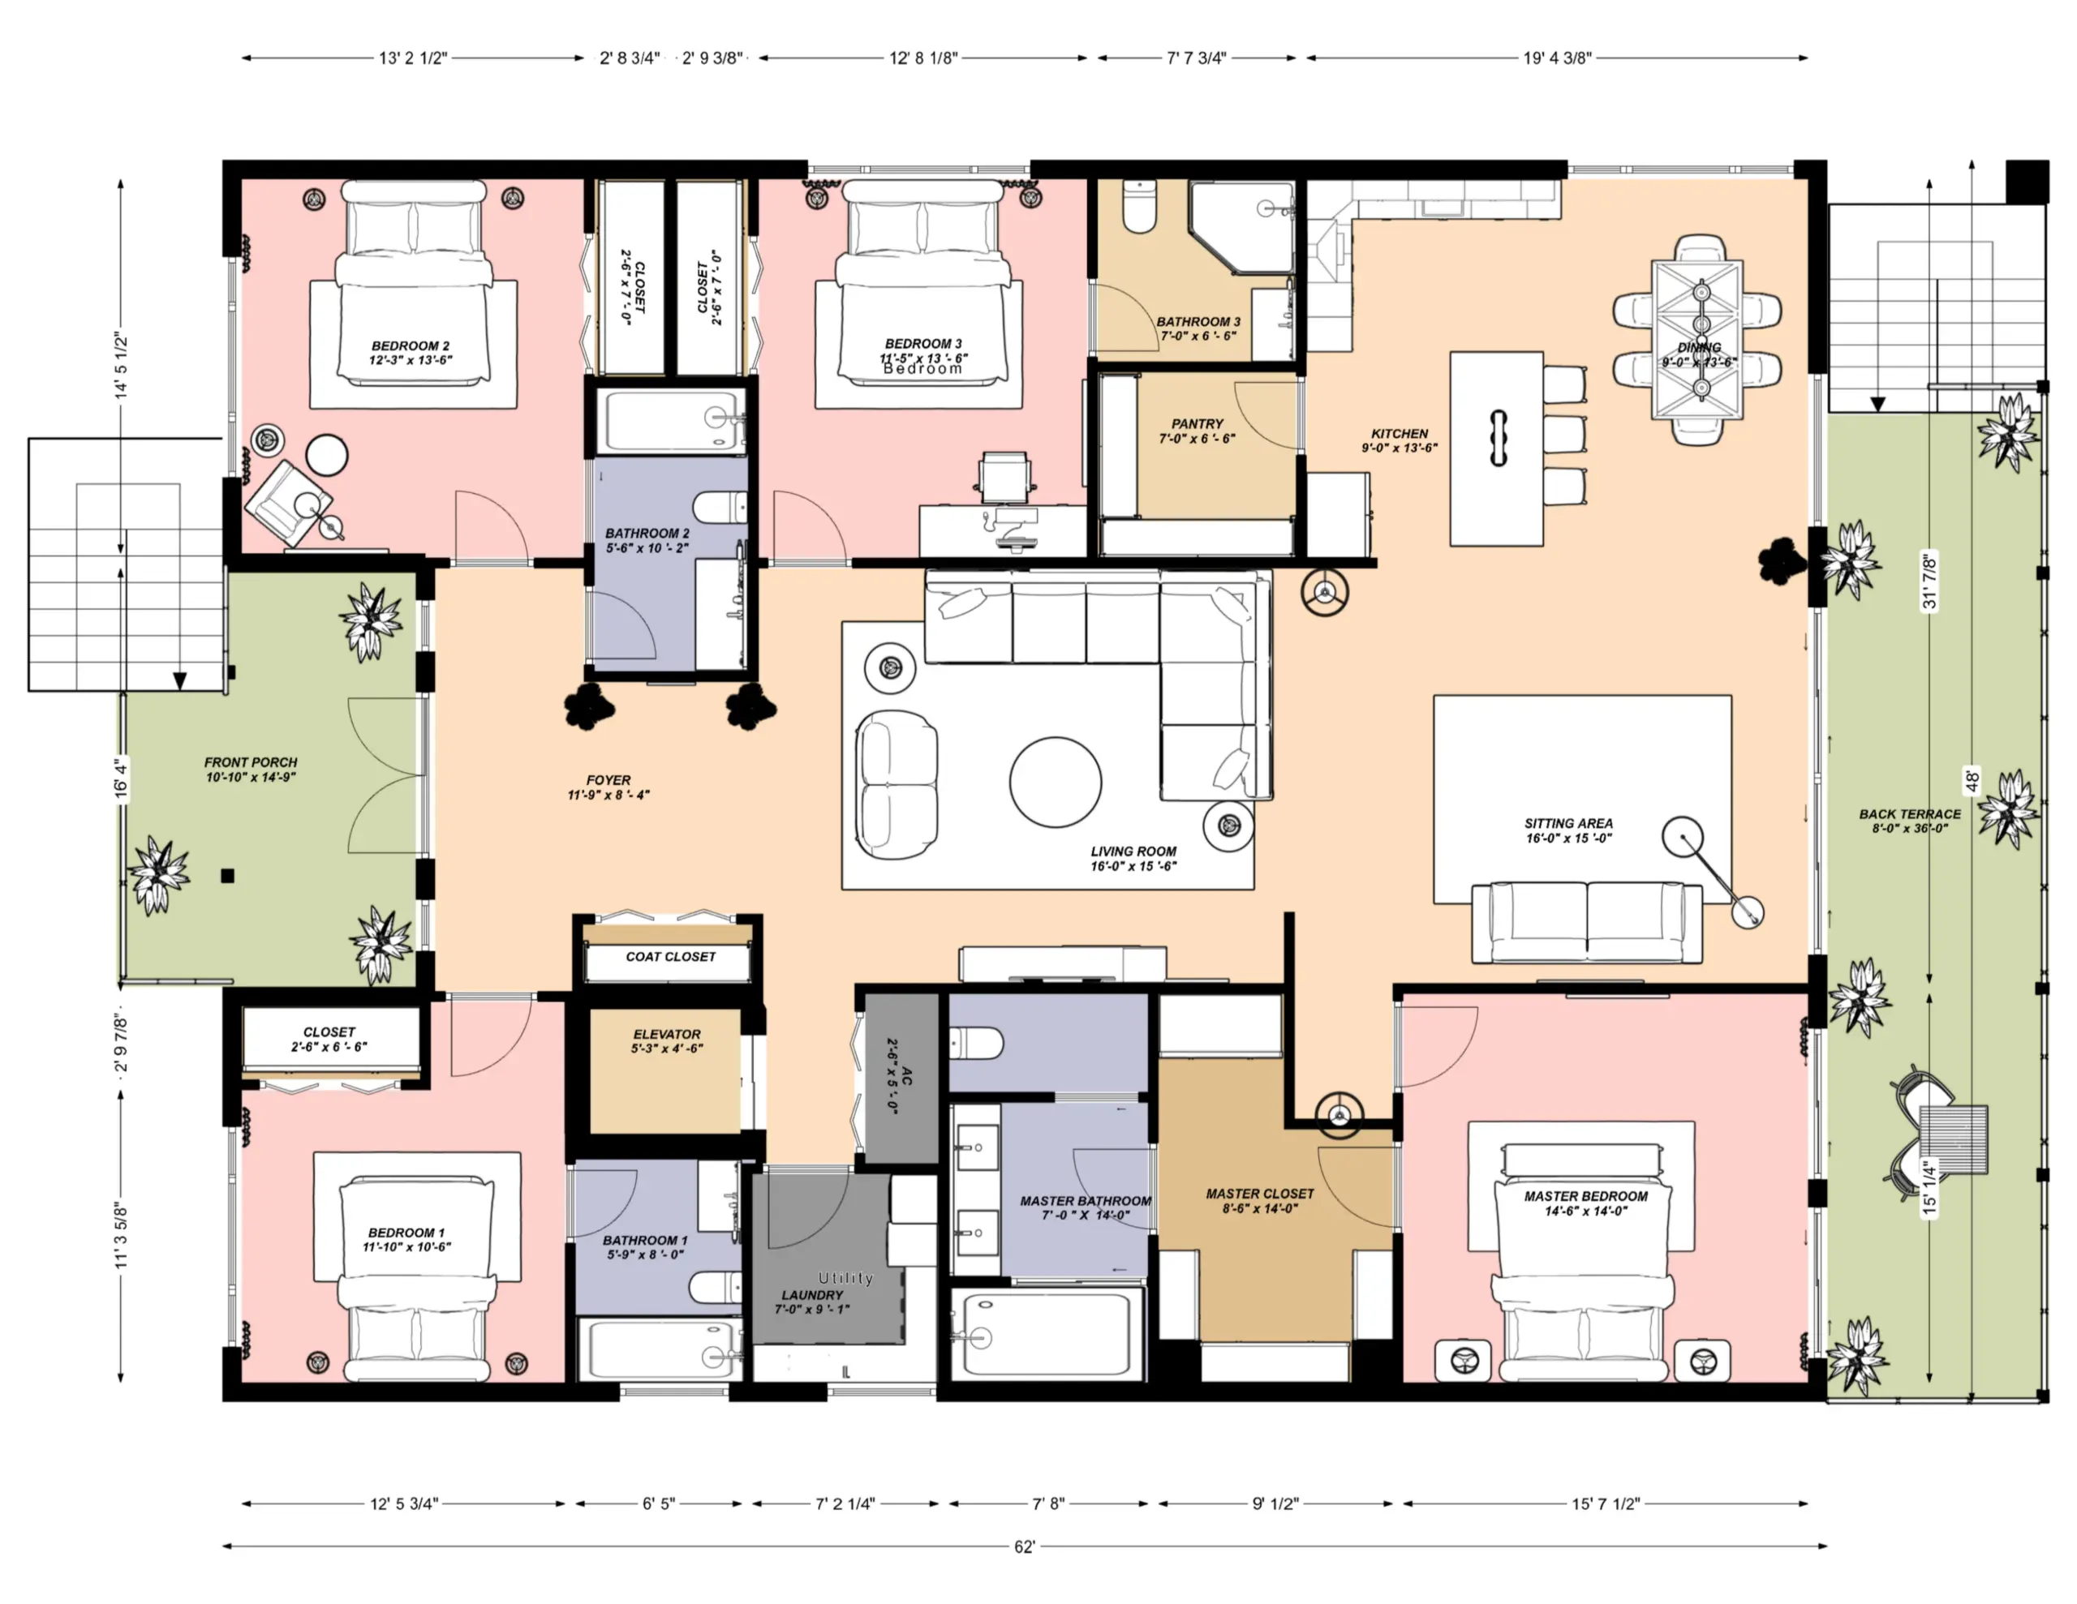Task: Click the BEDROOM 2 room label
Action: [x=410, y=346]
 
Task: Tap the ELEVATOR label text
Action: [x=667, y=1035]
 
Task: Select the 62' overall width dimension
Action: [x=1024, y=1547]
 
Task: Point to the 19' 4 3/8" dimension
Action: [x=1557, y=58]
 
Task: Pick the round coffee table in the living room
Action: [x=1056, y=783]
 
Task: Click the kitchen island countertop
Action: [x=1497, y=448]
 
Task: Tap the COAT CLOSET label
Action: [x=670, y=957]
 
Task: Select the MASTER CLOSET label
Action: [x=1260, y=1193]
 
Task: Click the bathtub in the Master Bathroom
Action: [x=1048, y=1333]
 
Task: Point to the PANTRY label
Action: [x=1198, y=424]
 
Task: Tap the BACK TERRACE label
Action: [x=1910, y=814]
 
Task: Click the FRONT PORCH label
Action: [x=251, y=762]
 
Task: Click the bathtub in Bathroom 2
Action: [x=675, y=419]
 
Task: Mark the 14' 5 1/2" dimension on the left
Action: [x=122, y=366]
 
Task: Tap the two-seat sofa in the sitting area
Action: [x=1587, y=923]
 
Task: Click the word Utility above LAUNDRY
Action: [x=845, y=1278]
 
